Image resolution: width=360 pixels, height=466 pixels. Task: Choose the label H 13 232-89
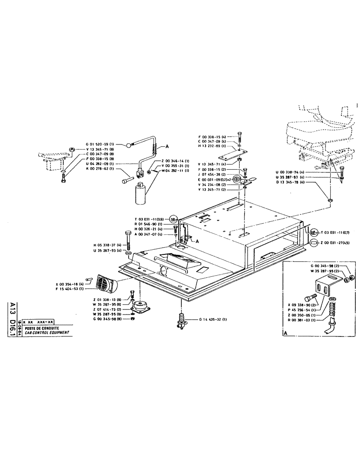(211, 146)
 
